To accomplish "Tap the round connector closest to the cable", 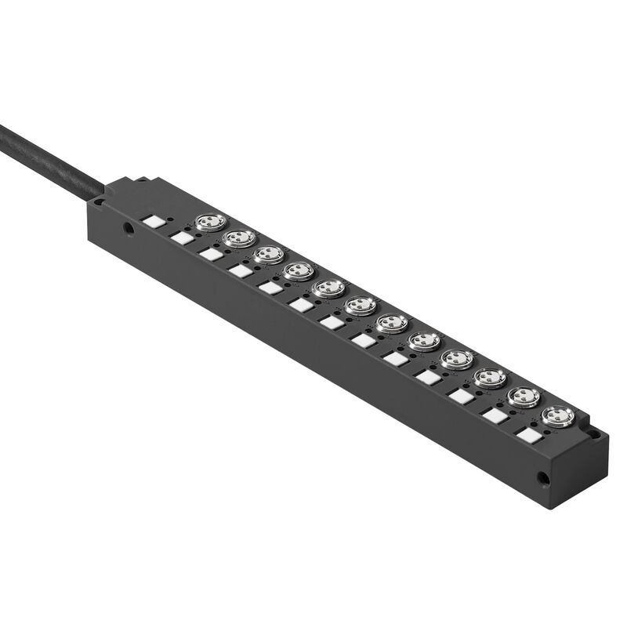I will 211,223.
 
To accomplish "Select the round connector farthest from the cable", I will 557,415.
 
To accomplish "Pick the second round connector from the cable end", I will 240,237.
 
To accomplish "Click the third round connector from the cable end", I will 269,255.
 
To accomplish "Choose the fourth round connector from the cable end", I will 299,271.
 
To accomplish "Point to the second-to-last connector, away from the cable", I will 524,397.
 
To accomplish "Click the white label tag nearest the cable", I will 154,223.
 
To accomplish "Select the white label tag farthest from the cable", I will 530,435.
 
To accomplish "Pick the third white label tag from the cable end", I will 211,254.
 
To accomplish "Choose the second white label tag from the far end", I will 495,415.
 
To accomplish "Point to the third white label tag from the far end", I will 462,397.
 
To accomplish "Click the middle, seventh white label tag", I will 332,322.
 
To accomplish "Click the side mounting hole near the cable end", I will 128,230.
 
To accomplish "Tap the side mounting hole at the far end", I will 542,476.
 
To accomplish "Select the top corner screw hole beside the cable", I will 100,201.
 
